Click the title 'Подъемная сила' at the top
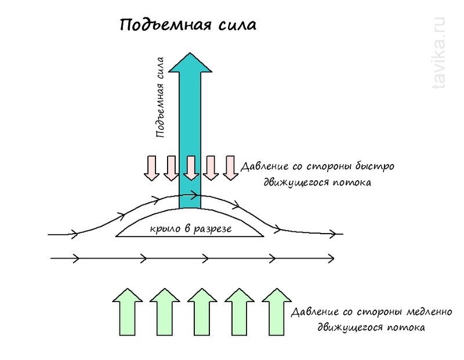(187, 25)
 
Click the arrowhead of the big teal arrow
(190, 63)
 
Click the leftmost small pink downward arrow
(152, 168)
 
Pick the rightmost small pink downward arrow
(230, 168)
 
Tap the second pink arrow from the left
(171, 168)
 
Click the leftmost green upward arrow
(127, 312)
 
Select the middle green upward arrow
(201, 312)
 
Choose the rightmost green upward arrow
(275, 312)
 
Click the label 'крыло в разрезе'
(190, 229)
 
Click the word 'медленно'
(424, 312)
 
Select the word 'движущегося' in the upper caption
(300, 182)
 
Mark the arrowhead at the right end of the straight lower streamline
(331, 257)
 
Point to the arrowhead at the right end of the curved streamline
(334, 234)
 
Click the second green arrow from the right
(238, 312)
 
